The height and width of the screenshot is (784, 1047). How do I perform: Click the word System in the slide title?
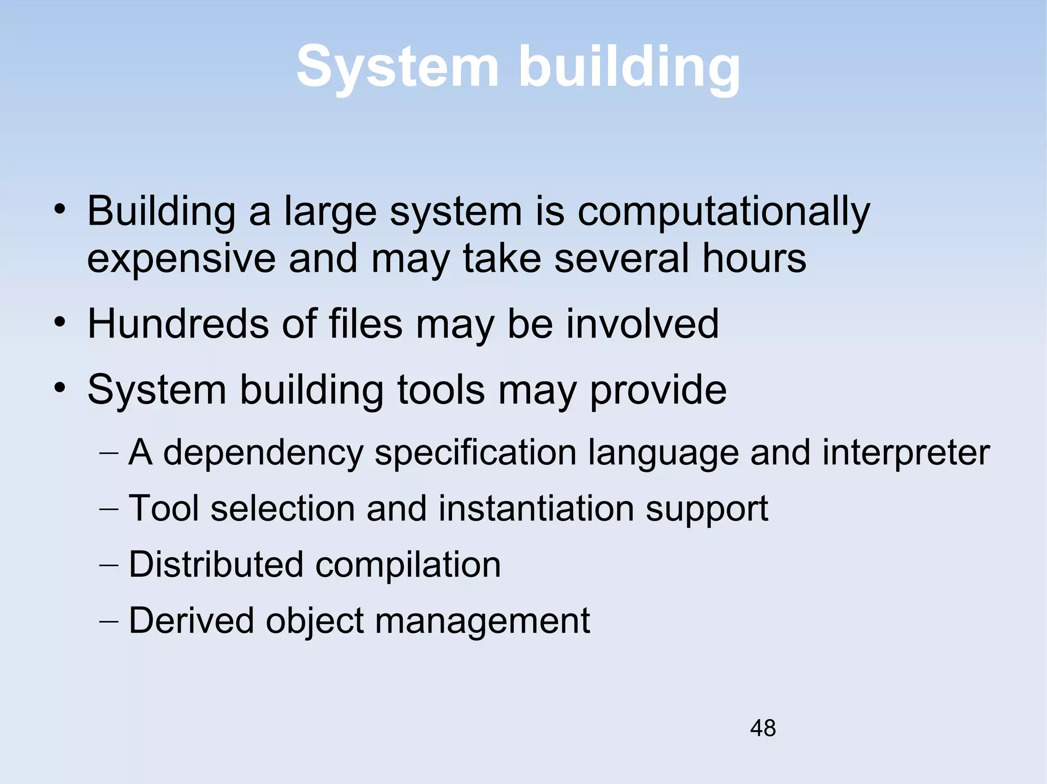pos(397,67)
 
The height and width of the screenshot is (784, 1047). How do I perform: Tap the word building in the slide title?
pos(629,67)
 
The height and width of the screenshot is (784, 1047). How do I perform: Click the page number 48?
pos(763,728)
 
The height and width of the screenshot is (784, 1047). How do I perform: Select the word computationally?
pos(723,211)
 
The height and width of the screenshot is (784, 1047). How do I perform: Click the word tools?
pos(441,390)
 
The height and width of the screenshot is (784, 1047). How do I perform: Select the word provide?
pos(658,391)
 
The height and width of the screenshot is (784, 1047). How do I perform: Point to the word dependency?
pos(263,454)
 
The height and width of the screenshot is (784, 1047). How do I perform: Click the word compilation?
pos(408,565)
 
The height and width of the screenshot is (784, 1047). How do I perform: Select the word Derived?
pos(191,621)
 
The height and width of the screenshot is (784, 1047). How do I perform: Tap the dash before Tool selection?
pos(108,509)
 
